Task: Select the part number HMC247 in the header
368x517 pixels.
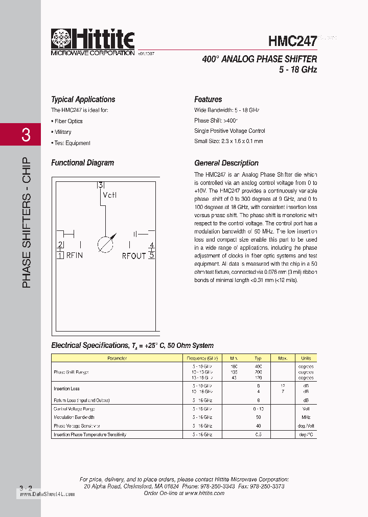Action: tap(292, 41)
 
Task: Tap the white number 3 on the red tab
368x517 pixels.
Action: tap(26, 135)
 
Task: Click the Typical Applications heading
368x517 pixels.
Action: tap(83, 100)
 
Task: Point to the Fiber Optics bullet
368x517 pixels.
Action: tap(67, 121)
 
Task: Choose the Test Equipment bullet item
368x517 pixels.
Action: tap(72, 143)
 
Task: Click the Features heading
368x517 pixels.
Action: tap(208, 100)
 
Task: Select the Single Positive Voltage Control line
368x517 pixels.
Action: tap(229, 131)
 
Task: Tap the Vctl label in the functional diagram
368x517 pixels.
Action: tap(110, 195)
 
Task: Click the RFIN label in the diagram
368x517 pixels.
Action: tap(74, 255)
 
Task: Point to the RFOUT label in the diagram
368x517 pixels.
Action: tap(134, 255)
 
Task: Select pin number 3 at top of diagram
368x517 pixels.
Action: tap(101, 185)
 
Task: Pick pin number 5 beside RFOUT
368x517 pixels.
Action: tap(152, 255)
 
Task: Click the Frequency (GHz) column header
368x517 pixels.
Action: tap(202, 358)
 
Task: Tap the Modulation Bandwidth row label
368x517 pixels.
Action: tap(74, 417)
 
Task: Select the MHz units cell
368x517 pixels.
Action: tap(306, 417)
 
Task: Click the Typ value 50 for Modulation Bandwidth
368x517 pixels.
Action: tap(259, 417)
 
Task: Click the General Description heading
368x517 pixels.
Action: tap(226, 163)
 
